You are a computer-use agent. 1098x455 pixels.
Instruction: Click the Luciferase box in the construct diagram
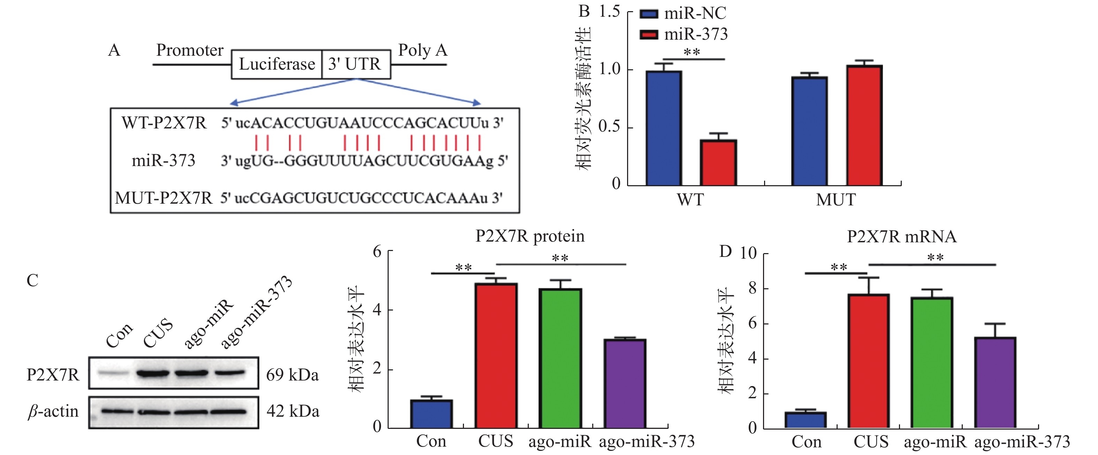(x=277, y=64)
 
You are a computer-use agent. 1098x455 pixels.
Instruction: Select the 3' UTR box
(x=356, y=64)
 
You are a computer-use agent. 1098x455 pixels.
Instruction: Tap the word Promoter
(x=190, y=50)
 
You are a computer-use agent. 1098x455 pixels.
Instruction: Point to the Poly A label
(x=422, y=50)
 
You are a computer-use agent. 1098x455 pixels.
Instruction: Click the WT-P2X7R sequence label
(x=164, y=123)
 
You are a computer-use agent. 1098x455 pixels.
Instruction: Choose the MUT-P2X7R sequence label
(x=163, y=198)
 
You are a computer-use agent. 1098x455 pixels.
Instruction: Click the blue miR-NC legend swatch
(x=649, y=14)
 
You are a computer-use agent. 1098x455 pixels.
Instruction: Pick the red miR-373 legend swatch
(x=649, y=35)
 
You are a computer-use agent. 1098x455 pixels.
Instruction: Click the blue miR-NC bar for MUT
(x=809, y=131)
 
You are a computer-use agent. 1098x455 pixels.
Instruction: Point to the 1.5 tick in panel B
(x=610, y=11)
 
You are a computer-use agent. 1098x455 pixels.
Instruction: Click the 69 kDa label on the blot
(x=292, y=375)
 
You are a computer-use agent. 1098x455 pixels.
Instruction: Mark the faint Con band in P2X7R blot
(x=113, y=373)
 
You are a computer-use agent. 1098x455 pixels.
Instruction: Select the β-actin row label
(x=53, y=411)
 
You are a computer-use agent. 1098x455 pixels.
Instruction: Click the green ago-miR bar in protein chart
(x=560, y=358)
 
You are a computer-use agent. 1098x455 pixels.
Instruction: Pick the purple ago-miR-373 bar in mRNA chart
(x=995, y=382)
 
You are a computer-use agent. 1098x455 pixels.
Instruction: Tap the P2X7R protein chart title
(x=530, y=236)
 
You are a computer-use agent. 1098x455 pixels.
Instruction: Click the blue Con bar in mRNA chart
(x=805, y=420)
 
